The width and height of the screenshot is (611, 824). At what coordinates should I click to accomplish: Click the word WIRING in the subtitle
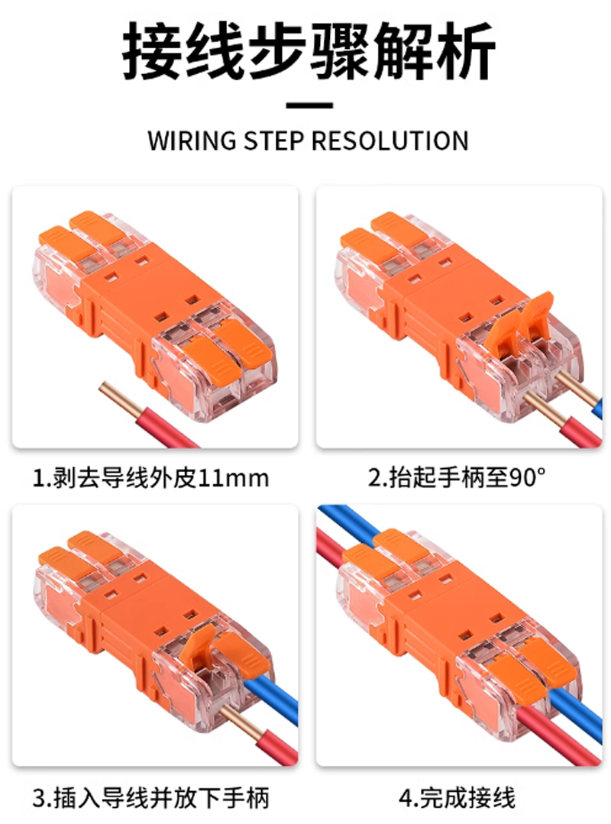pos(192,141)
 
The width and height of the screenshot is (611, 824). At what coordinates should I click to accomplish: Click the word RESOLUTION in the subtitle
pos(390,141)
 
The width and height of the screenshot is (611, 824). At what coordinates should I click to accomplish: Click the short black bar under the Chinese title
pos(309,105)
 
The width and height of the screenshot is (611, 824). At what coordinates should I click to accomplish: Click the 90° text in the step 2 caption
pos(528,477)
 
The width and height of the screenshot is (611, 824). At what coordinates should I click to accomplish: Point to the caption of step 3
pos(150,798)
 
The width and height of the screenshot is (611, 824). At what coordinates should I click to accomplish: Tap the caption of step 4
pos(457,798)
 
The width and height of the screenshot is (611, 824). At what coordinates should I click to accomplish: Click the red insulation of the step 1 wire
pos(167,428)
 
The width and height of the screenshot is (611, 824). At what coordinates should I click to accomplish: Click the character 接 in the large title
pos(152,51)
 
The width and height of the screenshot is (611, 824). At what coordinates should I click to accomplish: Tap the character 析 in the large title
pos(465,51)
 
